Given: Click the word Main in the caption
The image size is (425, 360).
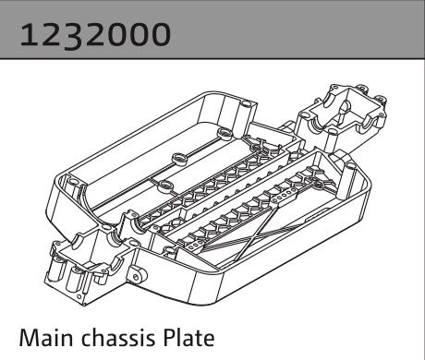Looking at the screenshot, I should click(x=45, y=334).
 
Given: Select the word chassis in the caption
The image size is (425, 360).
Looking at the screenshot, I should click(x=111, y=334).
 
